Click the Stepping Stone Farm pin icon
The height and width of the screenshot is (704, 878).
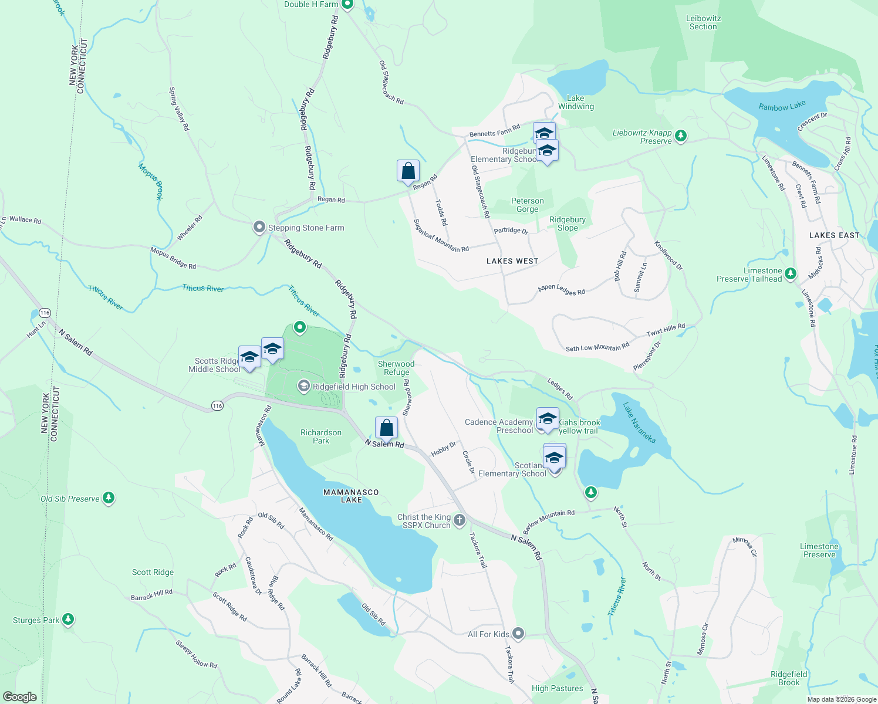tap(259, 227)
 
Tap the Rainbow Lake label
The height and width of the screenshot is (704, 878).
tap(782, 106)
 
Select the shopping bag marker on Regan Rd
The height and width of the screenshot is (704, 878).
tap(408, 171)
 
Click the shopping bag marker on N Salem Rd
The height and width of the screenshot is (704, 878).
tap(386, 428)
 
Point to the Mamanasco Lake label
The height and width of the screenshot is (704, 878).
tap(351, 496)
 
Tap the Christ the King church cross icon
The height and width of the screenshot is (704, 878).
tap(460, 520)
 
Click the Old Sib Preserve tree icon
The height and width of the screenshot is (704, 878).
tap(108, 498)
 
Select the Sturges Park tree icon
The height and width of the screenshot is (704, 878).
tap(68, 619)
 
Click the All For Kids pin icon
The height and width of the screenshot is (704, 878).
tap(518, 633)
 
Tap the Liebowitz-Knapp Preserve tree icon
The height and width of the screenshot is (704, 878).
tap(680, 136)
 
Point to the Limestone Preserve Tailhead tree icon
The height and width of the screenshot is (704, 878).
tap(790, 273)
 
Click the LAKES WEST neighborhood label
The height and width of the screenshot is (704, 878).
tap(512, 261)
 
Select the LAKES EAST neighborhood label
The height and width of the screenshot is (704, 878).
tap(834, 235)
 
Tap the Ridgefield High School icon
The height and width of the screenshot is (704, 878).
tap(303, 386)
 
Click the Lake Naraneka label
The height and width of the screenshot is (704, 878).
tap(639, 422)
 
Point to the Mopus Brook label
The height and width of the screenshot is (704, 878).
tap(151, 182)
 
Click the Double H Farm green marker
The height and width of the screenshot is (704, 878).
tap(347, 4)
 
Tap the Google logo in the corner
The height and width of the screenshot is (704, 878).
tap(20, 697)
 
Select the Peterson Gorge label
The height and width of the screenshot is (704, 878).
tap(527, 205)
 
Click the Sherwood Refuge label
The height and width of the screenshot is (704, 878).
tap(396, 368)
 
